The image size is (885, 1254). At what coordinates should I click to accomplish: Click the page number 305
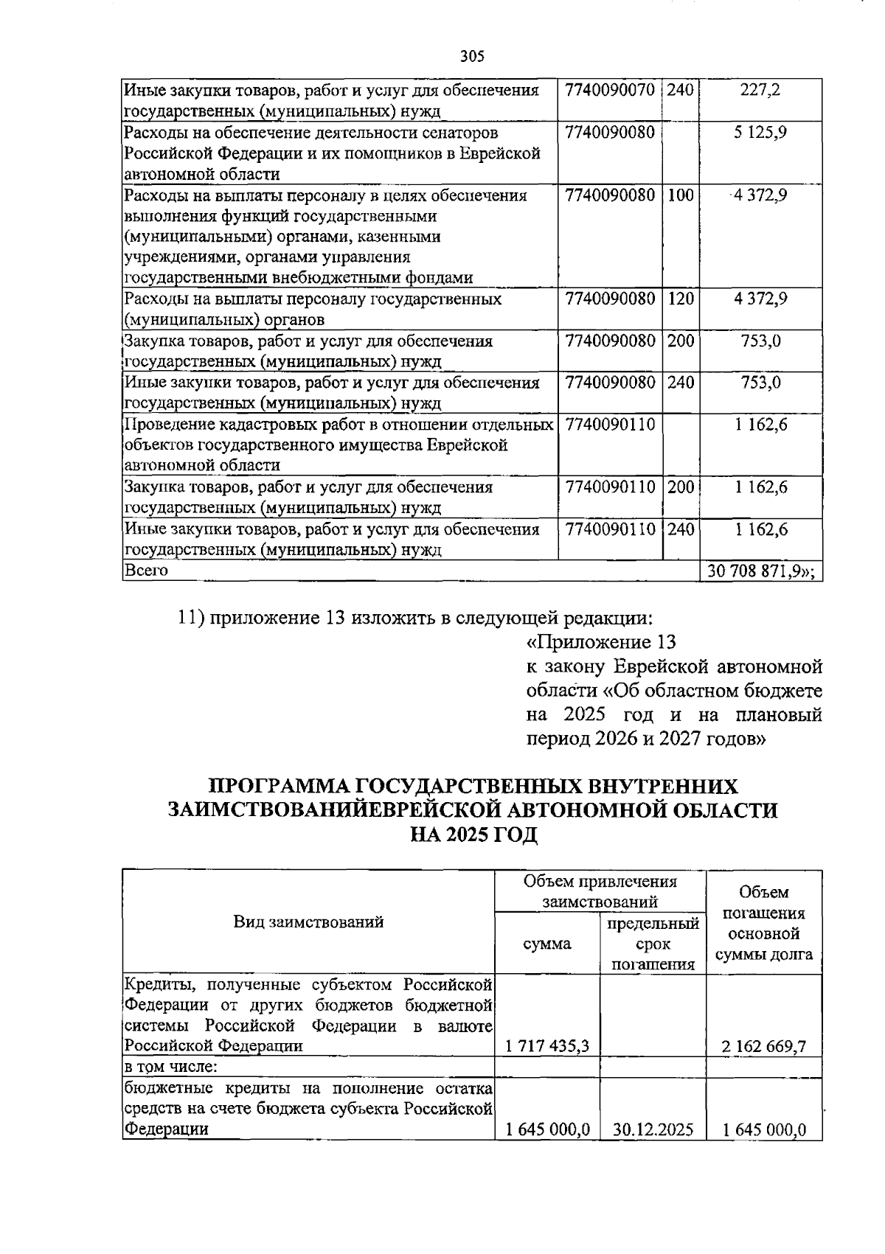coord(472,56)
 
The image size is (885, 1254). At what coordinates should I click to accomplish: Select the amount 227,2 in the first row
coord(760,91)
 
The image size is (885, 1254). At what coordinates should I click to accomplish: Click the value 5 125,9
coord(760,133)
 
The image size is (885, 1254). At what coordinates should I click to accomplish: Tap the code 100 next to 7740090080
coord(680,195)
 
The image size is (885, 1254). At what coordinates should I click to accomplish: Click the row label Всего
coord(146,571)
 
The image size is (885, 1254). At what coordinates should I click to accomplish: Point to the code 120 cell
coord(680,299)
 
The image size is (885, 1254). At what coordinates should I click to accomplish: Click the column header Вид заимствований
coord(308,922)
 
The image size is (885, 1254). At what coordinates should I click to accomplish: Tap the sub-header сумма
coord(546,944)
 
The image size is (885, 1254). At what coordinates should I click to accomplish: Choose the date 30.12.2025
coord(653,1129)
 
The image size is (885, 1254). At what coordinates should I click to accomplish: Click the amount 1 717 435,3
coord(546,1046)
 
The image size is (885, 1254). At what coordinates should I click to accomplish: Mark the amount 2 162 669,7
coord(764,1046)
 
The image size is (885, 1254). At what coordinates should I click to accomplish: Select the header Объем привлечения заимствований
coord(600,891)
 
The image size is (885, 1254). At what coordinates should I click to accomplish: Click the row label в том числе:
coord(170,1067)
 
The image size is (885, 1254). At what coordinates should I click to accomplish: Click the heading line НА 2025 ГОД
coord(473,835)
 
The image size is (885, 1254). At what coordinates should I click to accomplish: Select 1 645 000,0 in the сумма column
coord(546,1129)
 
